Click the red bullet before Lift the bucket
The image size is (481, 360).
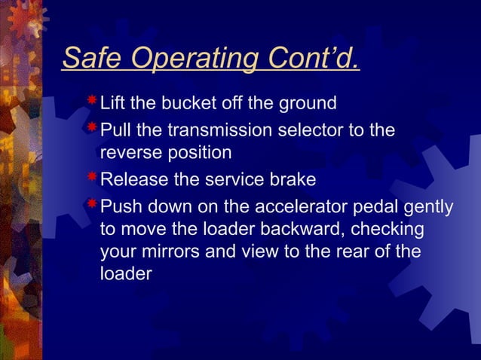click(91, 101)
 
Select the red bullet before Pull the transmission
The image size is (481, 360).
click(91, 127)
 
